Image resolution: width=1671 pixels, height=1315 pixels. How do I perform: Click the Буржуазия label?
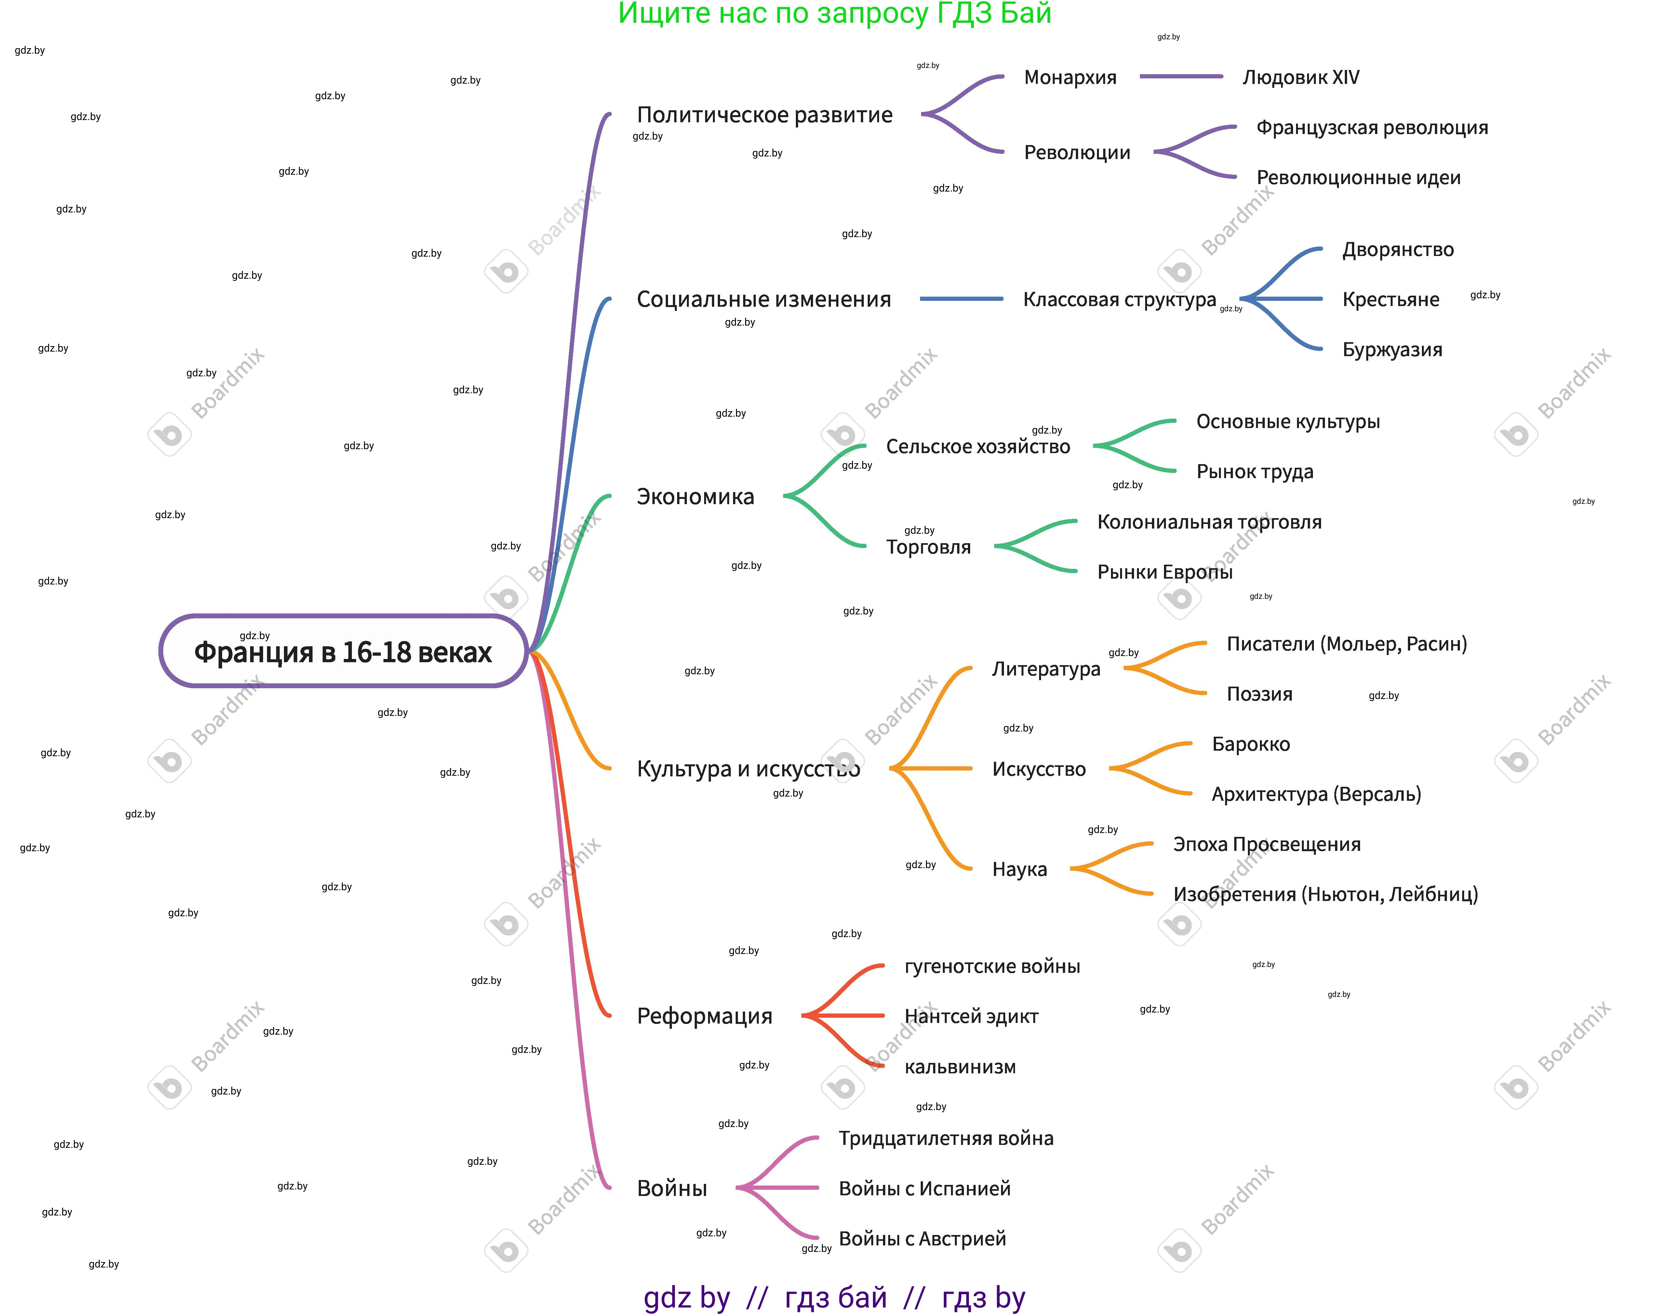tap(1392, 350)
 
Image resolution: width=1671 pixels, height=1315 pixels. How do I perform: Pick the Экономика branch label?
tap(695, 497)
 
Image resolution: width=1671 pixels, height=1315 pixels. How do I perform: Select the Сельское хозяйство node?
tap(978, 447)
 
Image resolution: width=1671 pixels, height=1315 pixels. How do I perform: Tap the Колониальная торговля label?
tap(1209, 522)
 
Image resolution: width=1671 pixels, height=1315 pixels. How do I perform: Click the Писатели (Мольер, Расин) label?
tap(1346, 644)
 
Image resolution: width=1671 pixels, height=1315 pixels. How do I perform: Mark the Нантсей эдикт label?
tap(970, 1016)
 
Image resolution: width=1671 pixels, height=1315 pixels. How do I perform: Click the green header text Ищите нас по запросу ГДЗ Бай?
tap(834, 14)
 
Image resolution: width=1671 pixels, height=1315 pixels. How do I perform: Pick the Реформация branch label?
tap(704, 1016)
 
